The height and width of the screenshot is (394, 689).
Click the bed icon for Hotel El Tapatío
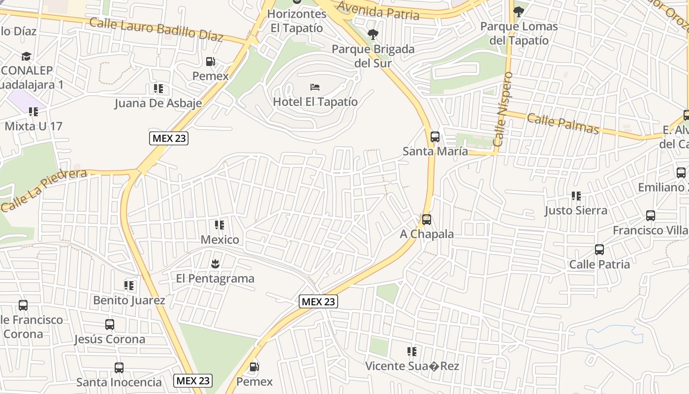(x=315, y=88)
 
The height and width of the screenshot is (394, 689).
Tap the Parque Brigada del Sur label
(x=373, y=56)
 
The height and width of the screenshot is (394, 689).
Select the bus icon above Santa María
(x=435, y=137)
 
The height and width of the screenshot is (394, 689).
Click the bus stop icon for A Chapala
(x=427, y=220)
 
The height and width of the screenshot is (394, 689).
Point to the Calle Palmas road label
(x=563, y=124)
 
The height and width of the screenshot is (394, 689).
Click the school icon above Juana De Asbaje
(x=158, y=89)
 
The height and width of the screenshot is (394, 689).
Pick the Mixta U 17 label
(x=33, y=126)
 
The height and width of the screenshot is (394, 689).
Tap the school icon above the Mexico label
(x=219, y=226)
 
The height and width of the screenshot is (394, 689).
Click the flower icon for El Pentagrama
(x=215, y=264)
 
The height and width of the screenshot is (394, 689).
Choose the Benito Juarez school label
(x=129, y=300)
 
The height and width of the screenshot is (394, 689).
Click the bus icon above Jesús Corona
(x=110, y=325)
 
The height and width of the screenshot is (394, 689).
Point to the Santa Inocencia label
(x=119, y=382)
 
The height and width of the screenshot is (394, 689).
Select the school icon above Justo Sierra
(x=576, y=196)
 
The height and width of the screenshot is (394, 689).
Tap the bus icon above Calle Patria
(x=599, y=250)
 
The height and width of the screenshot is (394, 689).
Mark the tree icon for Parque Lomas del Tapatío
(x=519, y=11)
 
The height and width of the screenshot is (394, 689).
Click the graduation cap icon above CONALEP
(x=26, y=57)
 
